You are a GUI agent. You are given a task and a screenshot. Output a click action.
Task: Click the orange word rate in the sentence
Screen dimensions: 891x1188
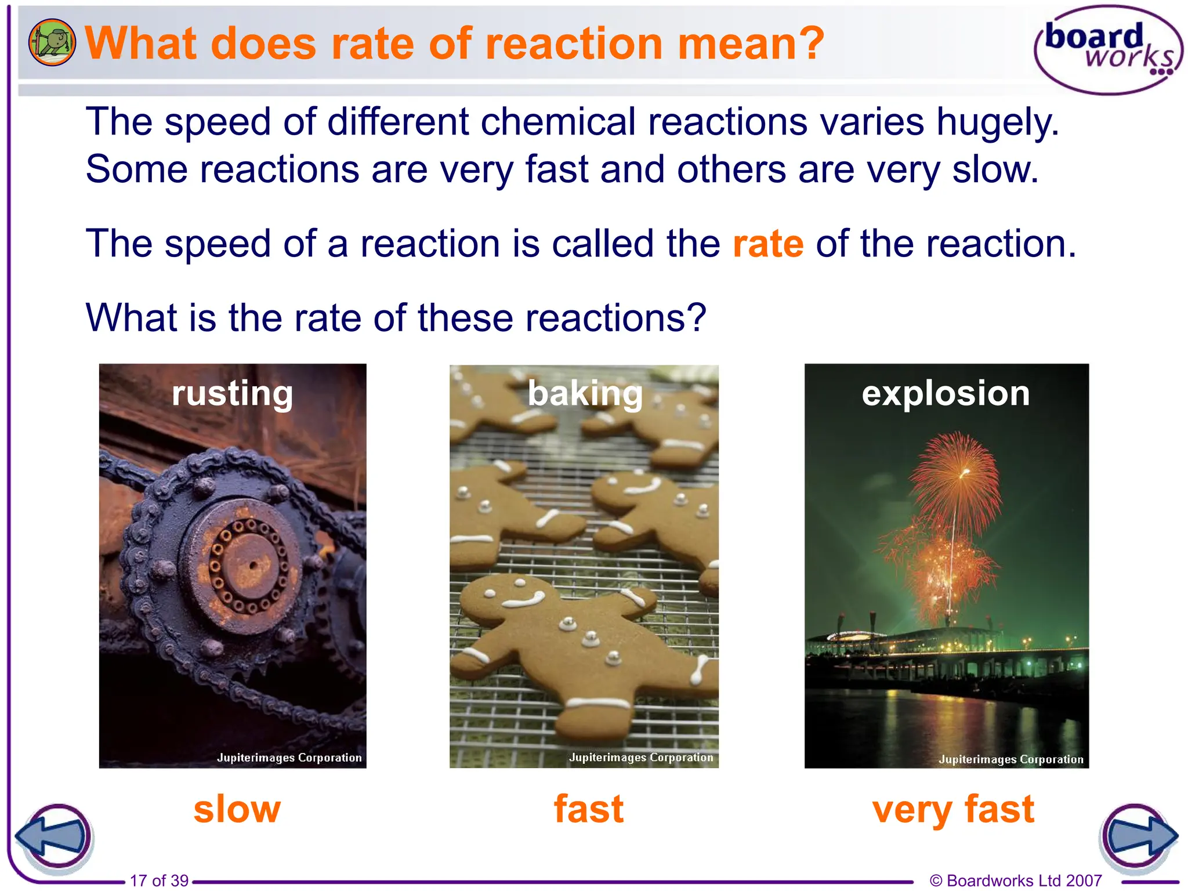[767, 244]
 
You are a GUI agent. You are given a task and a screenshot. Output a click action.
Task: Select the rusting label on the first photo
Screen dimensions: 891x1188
[232, 393]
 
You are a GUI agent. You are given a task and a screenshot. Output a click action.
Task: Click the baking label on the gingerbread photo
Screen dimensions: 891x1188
[585, 393]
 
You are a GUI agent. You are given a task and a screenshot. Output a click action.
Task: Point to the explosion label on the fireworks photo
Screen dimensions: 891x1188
[946, 393]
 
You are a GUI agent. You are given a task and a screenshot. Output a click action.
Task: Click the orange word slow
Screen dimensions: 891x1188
[237, 809]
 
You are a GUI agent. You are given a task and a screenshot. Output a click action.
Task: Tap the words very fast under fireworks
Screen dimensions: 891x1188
[952, 809]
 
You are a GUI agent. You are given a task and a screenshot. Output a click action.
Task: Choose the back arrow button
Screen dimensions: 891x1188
[53, 837]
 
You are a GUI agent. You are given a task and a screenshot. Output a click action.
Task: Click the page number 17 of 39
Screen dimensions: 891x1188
[159, 881]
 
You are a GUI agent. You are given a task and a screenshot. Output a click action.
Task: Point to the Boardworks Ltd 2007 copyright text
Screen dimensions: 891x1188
[1015, 881]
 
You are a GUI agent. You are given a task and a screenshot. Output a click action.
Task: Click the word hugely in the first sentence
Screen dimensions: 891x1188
[998, 122]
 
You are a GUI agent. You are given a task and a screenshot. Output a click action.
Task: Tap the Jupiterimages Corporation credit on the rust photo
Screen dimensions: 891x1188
[289, 758]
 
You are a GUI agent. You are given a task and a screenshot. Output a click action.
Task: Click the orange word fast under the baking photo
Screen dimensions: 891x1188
[588, 809]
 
